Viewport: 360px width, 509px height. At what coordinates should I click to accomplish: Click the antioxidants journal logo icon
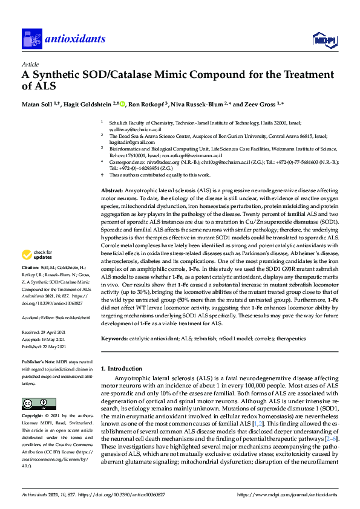click(x=31, y=40)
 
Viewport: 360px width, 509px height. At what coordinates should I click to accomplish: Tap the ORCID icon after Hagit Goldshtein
click(x=122, y=105)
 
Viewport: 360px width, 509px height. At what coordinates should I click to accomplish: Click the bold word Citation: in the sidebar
click(x=31, y=284)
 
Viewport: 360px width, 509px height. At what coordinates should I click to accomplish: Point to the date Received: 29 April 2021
click(x=48, y=332)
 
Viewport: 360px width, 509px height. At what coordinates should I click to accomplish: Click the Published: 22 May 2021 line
click(x=48, y=347)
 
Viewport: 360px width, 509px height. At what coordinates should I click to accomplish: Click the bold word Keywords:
click(x=114, y=340)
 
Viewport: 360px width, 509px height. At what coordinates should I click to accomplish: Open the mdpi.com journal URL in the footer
click(x=287, y=494)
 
